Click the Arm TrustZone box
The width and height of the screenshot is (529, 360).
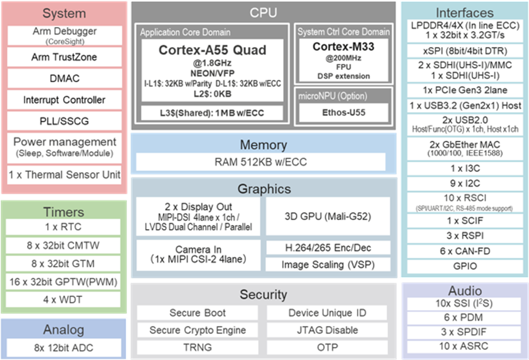(x=64, y=58)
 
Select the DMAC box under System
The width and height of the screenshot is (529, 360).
(x=64, y=78)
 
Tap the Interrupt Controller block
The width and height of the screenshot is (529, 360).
(x=64, y=100)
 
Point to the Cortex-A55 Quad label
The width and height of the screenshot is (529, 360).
(x=212, y=50)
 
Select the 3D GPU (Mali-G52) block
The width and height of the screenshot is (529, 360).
(x=328, y=216)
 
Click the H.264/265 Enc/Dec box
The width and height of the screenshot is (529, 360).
(x=328, y=248)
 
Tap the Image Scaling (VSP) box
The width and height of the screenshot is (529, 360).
(x=328, y=265)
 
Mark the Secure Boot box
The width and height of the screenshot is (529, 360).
(x=197, y=313)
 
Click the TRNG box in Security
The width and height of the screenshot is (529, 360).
(x=197, y=347)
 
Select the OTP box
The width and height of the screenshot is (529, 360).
(x=327, y=347)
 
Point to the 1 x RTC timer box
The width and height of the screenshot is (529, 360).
(x=63, y=227)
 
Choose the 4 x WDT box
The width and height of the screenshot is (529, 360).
(x=63, y=300)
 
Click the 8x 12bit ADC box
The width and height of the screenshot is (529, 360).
(x=63, y=347)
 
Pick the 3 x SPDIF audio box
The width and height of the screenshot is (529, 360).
(x=465, y=331)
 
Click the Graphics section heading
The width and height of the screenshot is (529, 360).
(x=264, y=189)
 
